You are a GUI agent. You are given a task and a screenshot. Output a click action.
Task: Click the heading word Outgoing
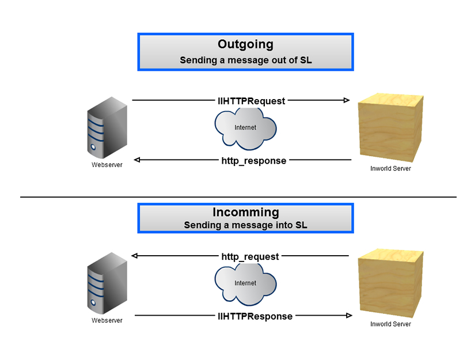pos(245,44)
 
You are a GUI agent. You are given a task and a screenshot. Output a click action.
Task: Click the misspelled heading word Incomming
pos(245,213)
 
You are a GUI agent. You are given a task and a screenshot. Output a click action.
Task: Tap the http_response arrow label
pos(253,161)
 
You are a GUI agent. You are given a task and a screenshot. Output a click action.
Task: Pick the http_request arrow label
pos(250,256)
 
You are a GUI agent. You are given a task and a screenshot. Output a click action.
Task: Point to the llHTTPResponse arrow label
pos(255,316)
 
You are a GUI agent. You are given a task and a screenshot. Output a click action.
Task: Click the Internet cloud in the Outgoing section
pos(245,128)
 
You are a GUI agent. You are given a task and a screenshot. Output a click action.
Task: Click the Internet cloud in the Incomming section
pos(245,283)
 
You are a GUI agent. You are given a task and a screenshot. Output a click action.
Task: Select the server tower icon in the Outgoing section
pos(107,128)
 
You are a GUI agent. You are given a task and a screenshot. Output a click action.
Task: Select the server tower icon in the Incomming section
pos(107,283)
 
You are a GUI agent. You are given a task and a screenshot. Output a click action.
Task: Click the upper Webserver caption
pos(107,165)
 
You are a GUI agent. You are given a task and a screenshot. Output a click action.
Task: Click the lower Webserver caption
pos(107,321)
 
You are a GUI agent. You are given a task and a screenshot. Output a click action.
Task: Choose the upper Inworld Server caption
pos(390,169)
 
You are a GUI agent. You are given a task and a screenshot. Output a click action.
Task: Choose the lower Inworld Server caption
pos(390,324)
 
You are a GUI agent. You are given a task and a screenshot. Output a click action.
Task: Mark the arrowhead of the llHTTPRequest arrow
pos(347,101)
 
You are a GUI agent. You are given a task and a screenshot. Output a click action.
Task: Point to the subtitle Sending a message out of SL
pos(245,60)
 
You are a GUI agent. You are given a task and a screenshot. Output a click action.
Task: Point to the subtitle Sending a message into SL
pos(245,225)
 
